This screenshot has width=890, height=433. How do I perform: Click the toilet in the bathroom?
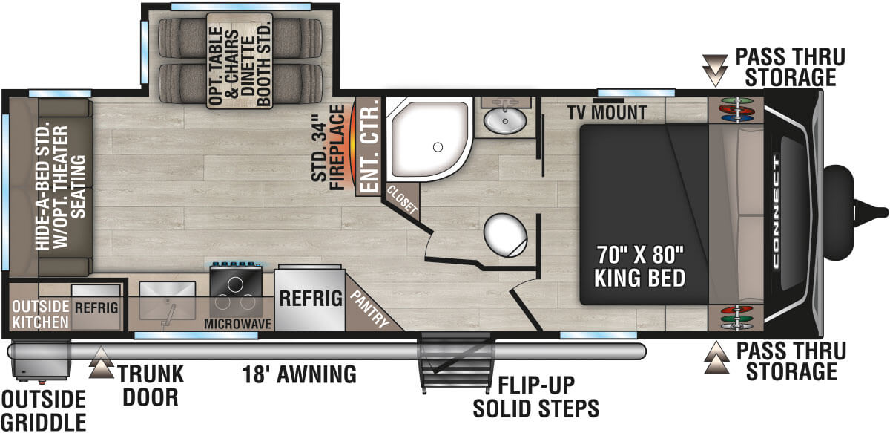[506, 235]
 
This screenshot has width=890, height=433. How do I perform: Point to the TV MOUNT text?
[607, 113]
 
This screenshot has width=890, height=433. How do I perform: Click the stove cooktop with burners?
[237, 292]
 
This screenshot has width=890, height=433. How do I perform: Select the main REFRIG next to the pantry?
[310, 299]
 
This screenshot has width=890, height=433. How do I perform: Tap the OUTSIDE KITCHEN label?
[40, 314]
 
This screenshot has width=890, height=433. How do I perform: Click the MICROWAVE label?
[237, 324]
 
